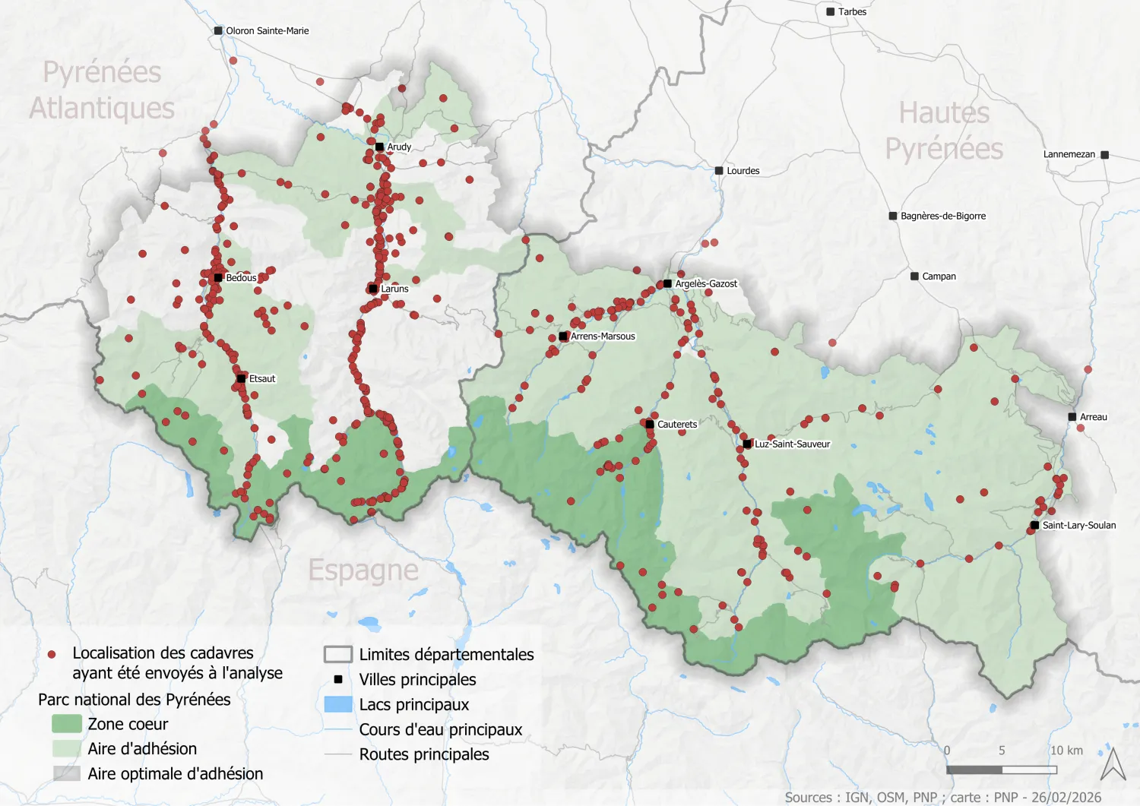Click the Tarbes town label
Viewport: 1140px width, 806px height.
click(x=852, y=12)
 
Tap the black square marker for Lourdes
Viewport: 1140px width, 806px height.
click(x=719, y=171)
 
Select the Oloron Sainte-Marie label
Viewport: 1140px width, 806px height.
click(x=267, y=31)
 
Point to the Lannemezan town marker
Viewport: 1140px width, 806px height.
click(x=1104, y=155)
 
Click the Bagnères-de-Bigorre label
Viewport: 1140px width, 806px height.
click(x=942, y=217)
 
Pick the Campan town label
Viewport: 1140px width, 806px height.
click(x=939, y=277)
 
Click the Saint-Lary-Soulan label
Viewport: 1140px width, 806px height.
click(x=1078, y=526)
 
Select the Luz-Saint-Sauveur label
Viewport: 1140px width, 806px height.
click(x=792, y=444)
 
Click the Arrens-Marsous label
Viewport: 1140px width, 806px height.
click(x=603, y=337)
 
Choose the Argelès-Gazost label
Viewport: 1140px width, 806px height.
click(x=706, y=284)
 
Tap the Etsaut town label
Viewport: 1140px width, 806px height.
click(x=262, y=379)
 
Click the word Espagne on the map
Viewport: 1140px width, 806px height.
click(x=363, y=570)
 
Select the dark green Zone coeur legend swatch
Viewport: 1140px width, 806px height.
click(x=66, y=724)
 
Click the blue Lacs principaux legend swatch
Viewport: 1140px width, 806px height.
click(x=338, y=704)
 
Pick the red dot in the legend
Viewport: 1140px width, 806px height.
click(x=52, y=654)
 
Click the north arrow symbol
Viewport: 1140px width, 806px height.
click(x=1113, y=764)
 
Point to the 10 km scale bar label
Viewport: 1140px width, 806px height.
click(x=1066, y=751)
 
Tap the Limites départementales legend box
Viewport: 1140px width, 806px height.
click(x=338, y=654)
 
